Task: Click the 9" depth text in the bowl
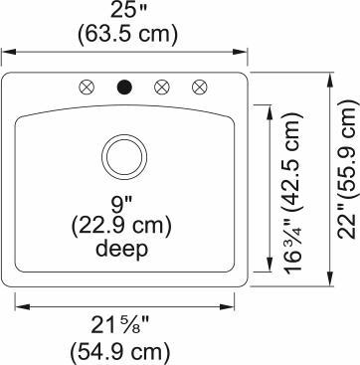123,207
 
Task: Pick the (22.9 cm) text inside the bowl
123,228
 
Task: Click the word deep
123,249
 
